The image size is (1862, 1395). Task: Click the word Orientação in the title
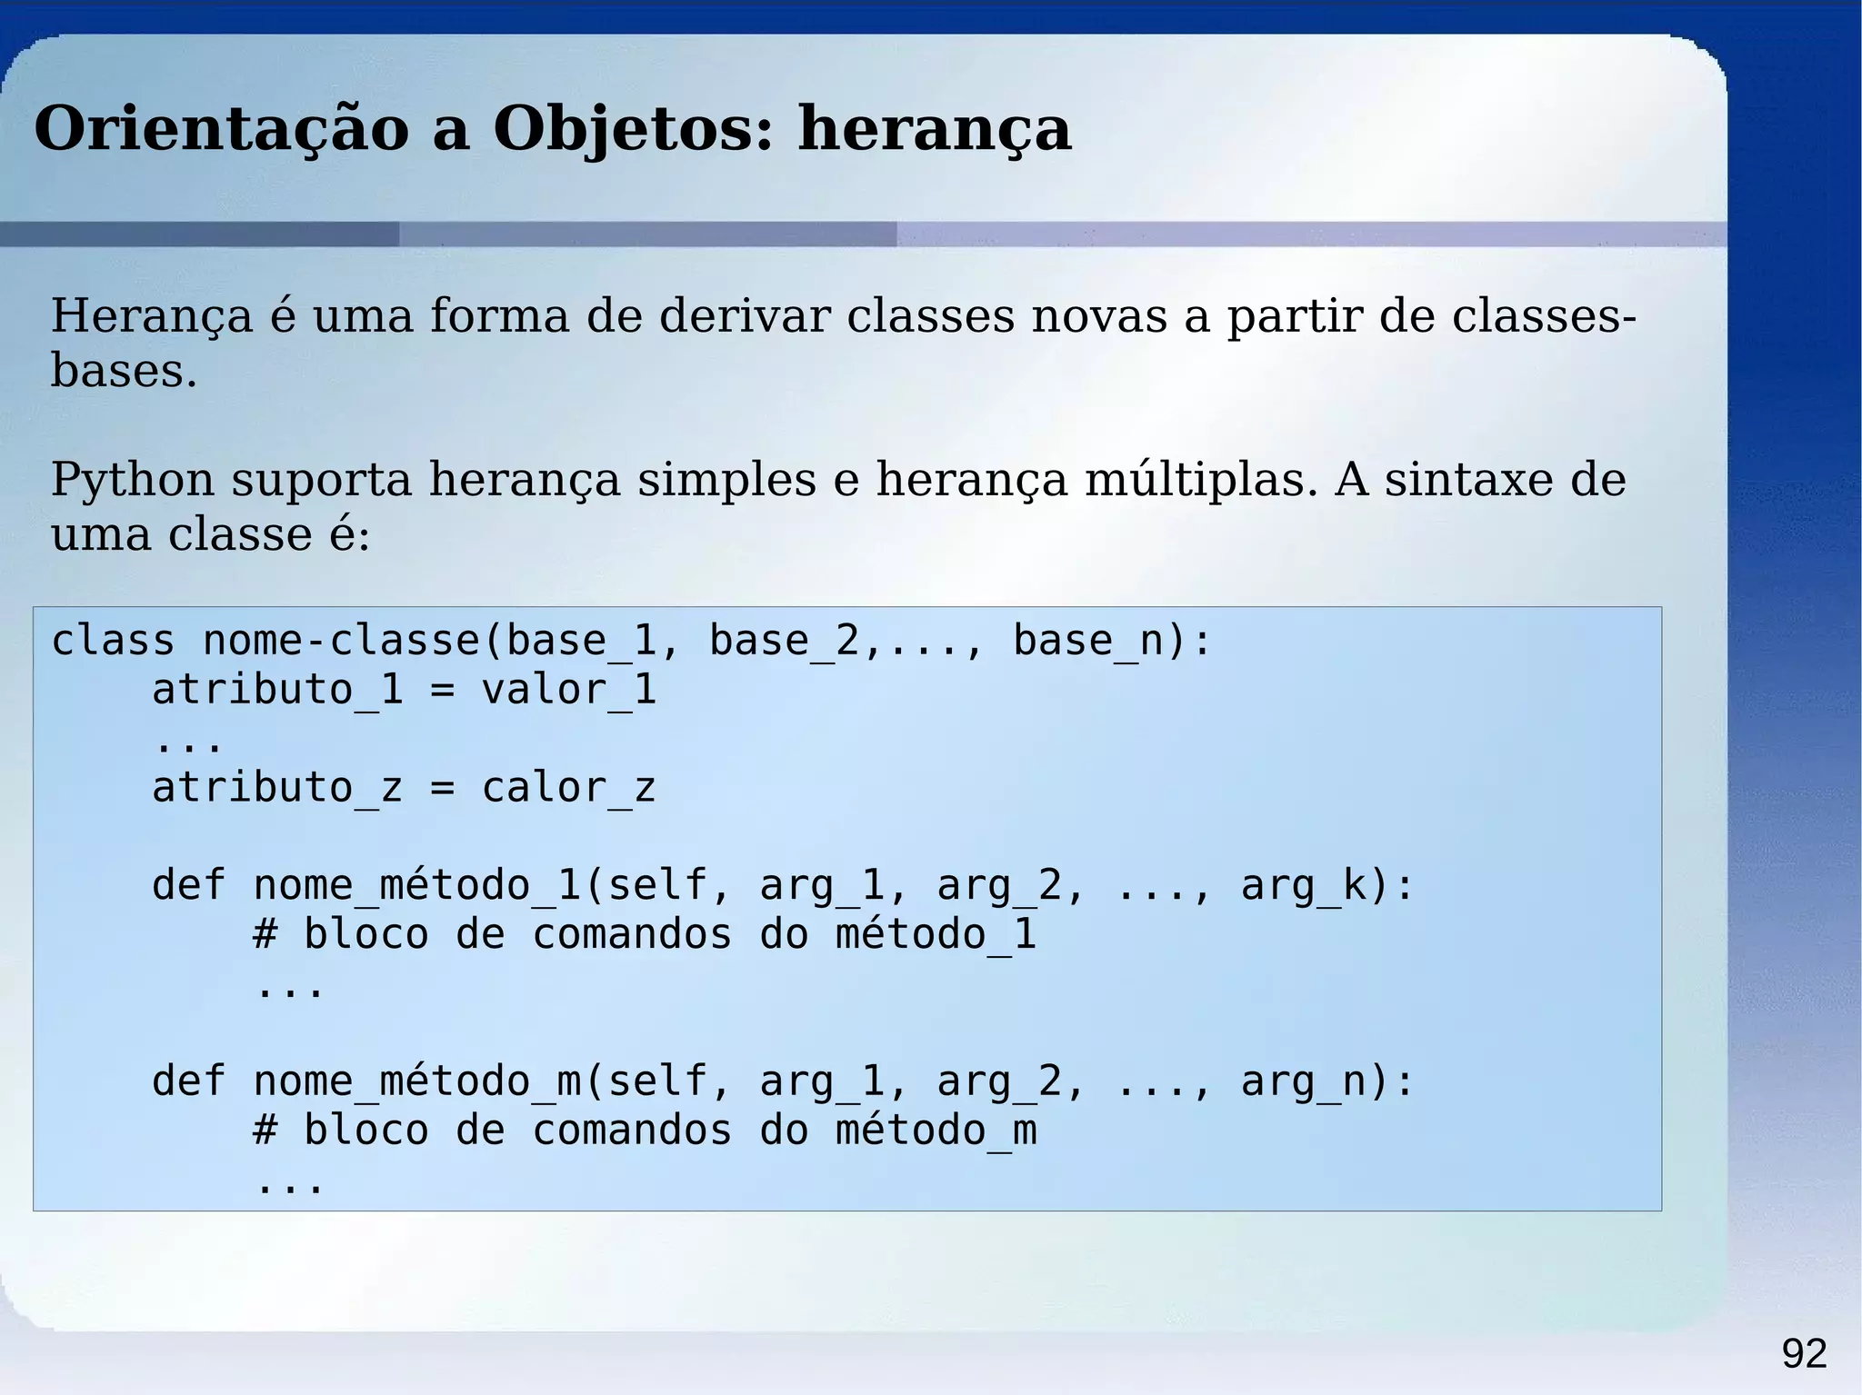pyautogui.click(x=222, y=129)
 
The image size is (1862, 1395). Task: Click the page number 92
pyautogui.click(x=1804, y=1354)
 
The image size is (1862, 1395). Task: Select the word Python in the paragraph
pyautogui.click(x=132, y=480)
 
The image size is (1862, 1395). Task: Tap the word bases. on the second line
pyautogui.click(x=124, y=371)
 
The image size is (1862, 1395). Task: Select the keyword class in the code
pyautogui.click(x=113, y=641)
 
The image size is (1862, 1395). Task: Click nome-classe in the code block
pyautogui.click(x=341, y=641)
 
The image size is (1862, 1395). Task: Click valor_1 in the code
pyautogui.click(x=569, y=690)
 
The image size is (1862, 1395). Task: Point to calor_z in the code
pyautogui.click(x=569, y=788)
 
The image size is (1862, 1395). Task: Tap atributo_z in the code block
pyautogui.click(x=276, y=788)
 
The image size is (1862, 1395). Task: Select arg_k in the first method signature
pyautogui.click(x=1302, y=886)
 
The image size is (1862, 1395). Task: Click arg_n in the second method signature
pyautogui.click(x=1302, y=1082)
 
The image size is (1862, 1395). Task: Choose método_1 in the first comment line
pyautogui.click(x=936, y=935)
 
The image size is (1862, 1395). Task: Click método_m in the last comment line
pyautogui.click(x=936, y=1131)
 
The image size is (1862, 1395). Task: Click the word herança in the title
pyautogui.click(x=935, y=129)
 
